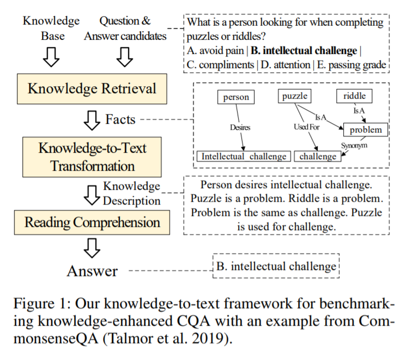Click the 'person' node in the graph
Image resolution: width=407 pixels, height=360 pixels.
[236, 98]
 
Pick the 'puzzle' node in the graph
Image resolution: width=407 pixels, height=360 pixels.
[294, 97]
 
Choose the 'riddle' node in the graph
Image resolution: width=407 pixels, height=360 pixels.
[355, 97]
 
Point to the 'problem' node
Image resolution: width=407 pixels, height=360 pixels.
[366, 130]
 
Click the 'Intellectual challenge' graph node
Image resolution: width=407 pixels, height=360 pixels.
[244, 157]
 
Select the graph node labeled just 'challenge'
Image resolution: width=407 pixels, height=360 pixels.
[318, 157]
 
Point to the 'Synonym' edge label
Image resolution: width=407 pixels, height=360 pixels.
[354, 146]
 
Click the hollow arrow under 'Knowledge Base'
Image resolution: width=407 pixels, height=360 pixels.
[51, 56]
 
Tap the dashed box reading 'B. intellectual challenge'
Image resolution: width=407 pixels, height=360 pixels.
[276, 267]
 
